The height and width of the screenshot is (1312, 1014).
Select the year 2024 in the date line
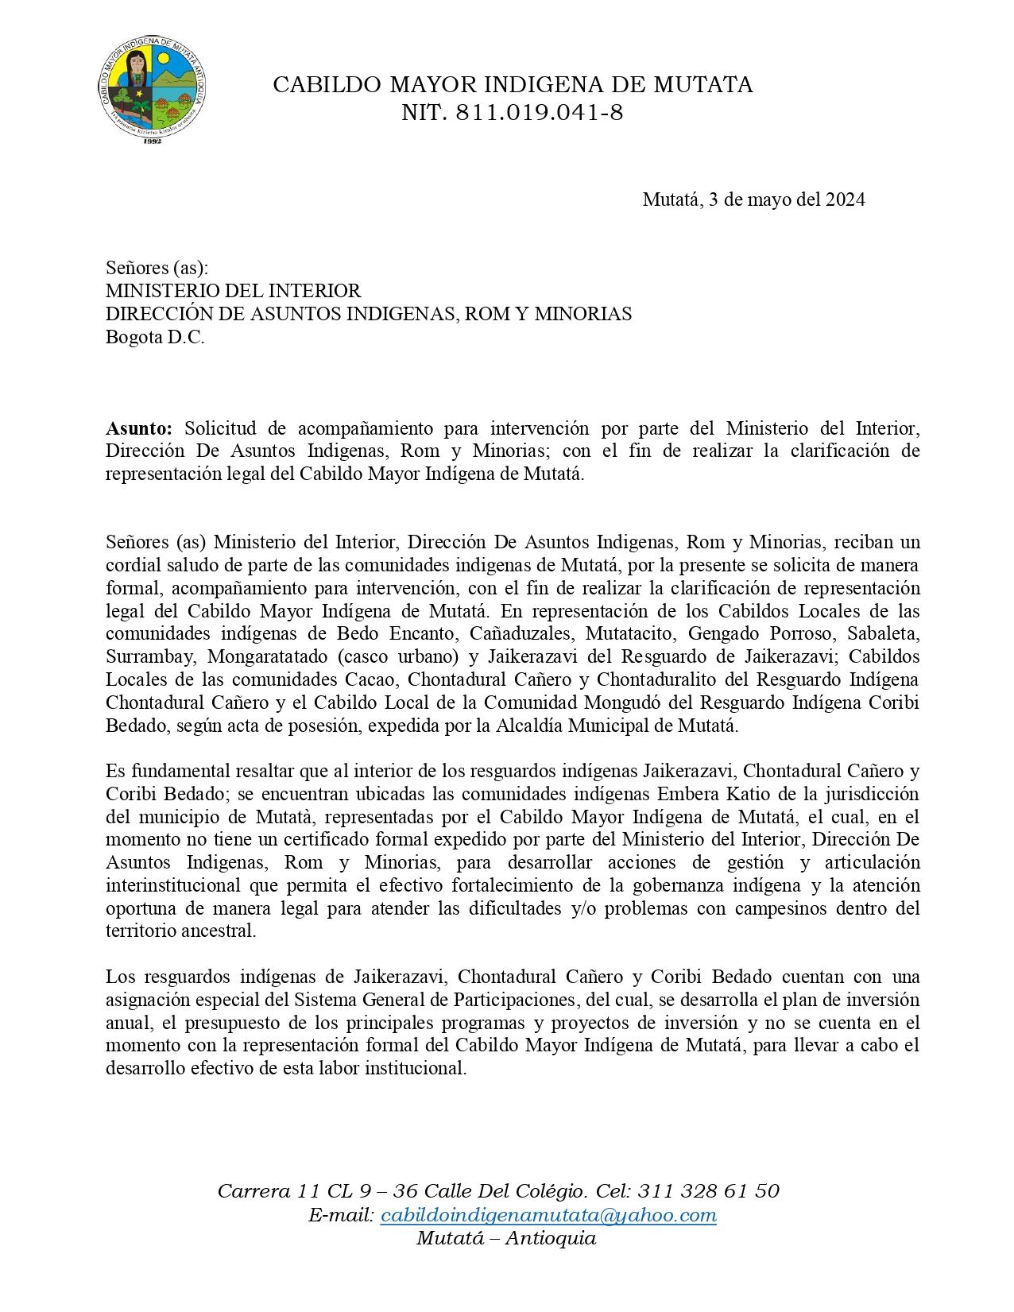(845, 199)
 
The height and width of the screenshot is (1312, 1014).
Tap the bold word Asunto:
(139, 429)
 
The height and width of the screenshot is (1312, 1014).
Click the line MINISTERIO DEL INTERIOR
(234, 292)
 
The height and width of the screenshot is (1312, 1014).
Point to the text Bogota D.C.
(155, 337)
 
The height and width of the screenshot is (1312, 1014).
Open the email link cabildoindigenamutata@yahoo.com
(548, 1216)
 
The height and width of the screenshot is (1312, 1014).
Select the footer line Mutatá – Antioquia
(506, 1239)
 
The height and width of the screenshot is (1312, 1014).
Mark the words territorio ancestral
(181, 931)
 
